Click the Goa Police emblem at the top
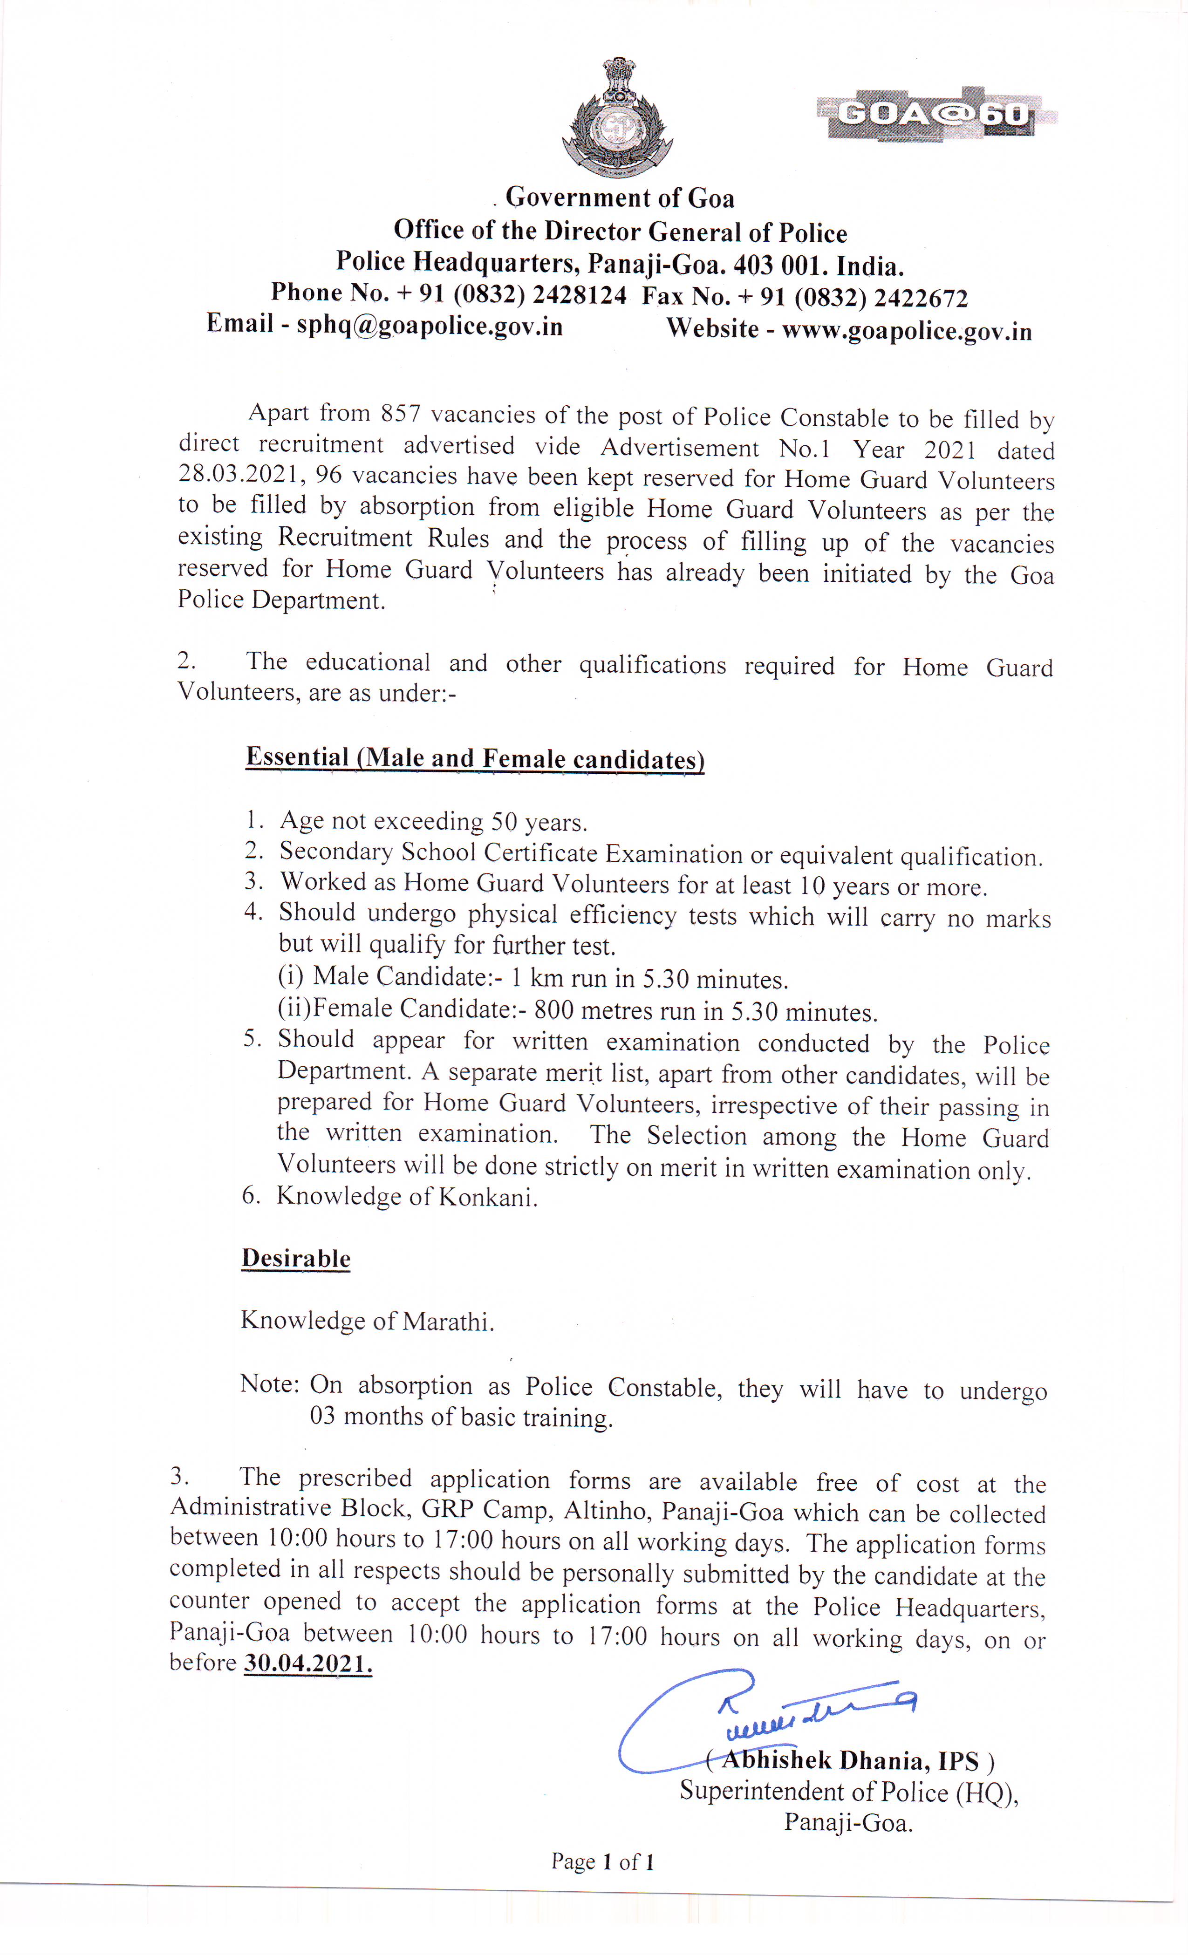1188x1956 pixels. [616, 117]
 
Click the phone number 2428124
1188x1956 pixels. [579, 295]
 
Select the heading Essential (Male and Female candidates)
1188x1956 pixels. [475, 758]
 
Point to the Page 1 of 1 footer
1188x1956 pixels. [603, 1862]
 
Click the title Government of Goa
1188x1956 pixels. [620, 198]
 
